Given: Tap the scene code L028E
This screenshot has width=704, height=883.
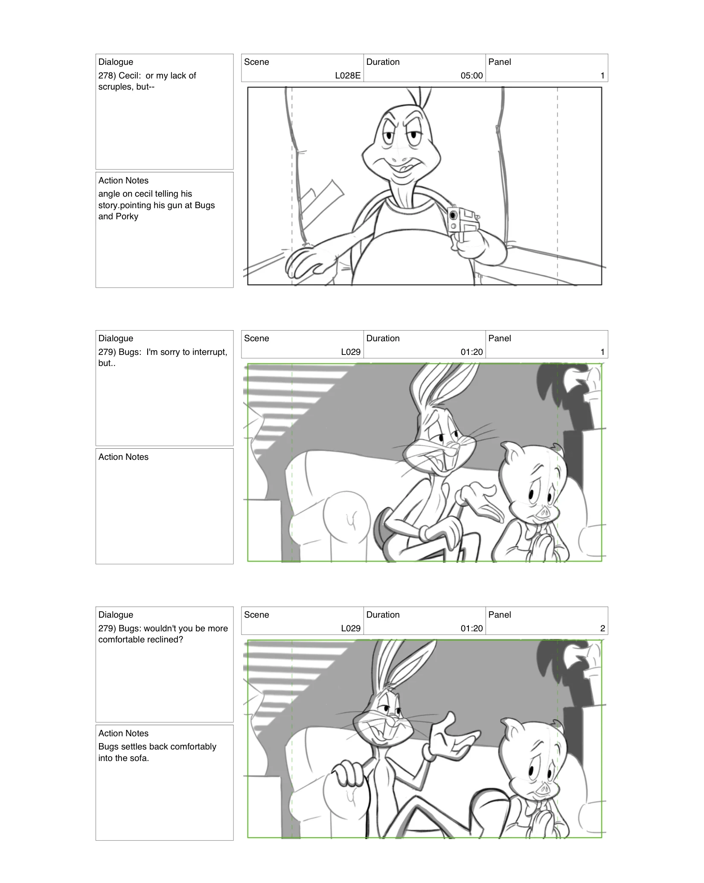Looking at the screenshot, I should pyautogui.click(x=348, y=76).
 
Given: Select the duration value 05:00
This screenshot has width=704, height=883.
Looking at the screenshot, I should pyautogui.click(x=471, y=76).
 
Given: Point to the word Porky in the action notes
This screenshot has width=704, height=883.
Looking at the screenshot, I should pyautogui.click(x=127, y=216).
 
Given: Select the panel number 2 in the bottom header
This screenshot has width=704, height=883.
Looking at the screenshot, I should pyautogui.click(x=602, y=628).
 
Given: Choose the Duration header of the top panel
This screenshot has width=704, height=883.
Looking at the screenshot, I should pyautogui.click(x=383, y=62).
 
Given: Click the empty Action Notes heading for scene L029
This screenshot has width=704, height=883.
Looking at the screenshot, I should pyautogui.click(x=123, y=457).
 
